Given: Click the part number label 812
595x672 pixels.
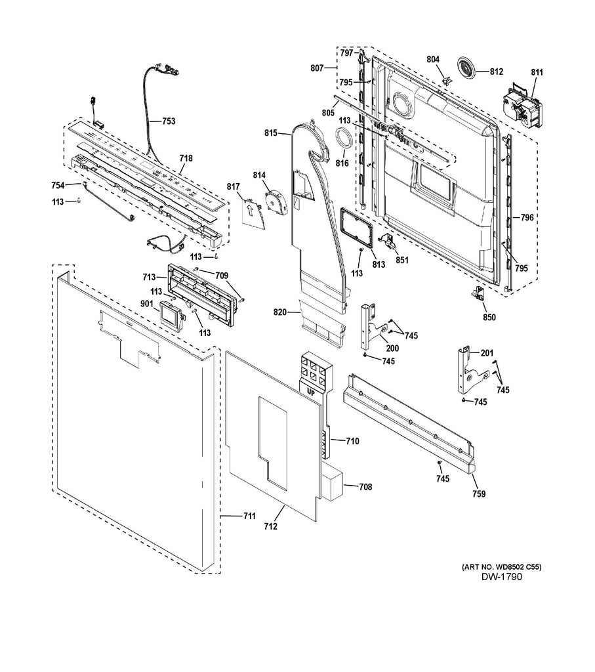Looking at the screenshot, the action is tap(496, 72).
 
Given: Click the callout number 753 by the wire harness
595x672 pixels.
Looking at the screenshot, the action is tap(169, 121).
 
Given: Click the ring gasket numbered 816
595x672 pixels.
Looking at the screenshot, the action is tap(342, 140).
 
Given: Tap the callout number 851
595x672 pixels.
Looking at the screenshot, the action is tap(401, 260).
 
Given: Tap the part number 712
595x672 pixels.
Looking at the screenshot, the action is tap(270, 526).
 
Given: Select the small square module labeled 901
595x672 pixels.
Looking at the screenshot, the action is tap(171, 316).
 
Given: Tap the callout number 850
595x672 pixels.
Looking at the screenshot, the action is tap(489, 317).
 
